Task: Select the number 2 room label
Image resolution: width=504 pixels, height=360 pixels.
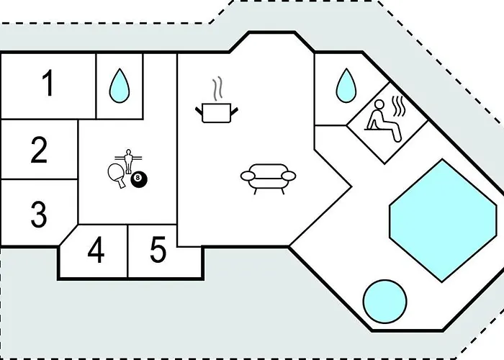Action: tap(40, 150)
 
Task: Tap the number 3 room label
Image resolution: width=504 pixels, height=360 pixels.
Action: tap(39, 214)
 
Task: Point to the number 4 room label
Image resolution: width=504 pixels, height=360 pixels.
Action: tap(96, 251)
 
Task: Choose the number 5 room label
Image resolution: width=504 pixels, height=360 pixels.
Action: tap(158, 251)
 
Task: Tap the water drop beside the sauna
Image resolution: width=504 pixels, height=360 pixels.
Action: tap(346, 85)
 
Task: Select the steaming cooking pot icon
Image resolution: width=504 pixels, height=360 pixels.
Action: tap(217, 112)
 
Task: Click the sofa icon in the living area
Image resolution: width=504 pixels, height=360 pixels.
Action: tap(267, 178)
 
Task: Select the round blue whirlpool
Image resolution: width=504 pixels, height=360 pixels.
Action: tap(386, 301)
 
